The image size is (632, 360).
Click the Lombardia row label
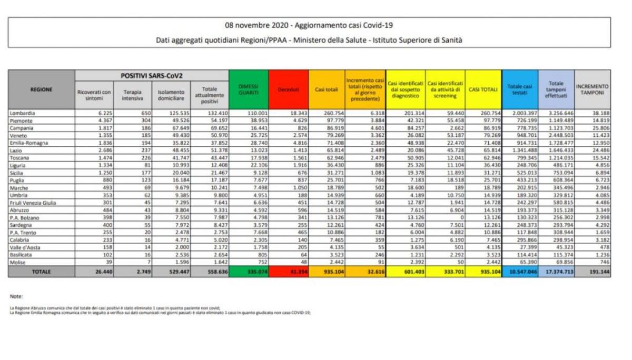pos(23,113)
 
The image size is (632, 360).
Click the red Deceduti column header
pos(288,90)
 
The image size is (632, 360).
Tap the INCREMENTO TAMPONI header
pos(592,89)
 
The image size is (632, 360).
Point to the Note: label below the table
pos(16,296)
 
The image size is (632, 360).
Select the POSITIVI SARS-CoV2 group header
pos(152,76)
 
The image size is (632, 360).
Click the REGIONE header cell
pos(42,89)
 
